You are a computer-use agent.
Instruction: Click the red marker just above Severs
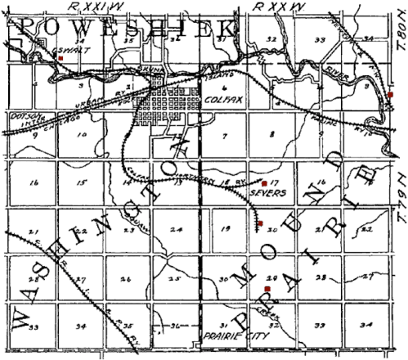tap(263, 182)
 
